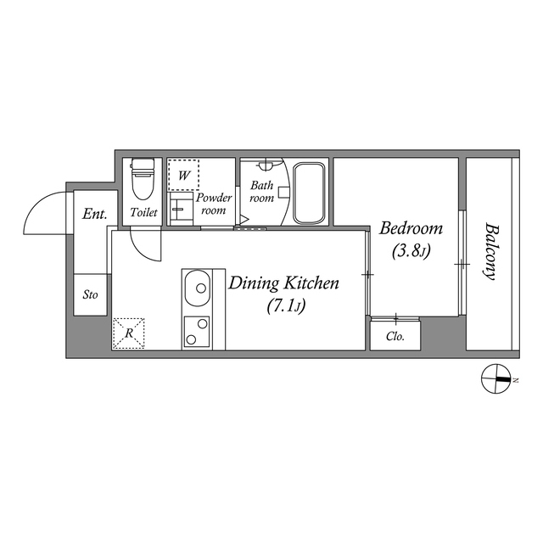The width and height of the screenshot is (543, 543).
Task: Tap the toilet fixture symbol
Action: pyautogui.click(x=143, y=177)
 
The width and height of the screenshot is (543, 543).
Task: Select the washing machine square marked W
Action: pyautogui.click(x=183, y=174)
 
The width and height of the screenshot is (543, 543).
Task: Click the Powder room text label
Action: pyautogui.click(x=214, y=204)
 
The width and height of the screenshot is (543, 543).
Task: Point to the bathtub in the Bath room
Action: pyautogui.click(x=310, y=193)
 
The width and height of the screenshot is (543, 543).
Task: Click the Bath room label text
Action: pyautogui.click(x=261, y=192)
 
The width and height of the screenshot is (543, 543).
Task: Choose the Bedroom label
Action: pyautogui.click(x=411, y=228)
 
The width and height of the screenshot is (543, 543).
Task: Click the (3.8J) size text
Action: pyautogui.click(x=411, y=251)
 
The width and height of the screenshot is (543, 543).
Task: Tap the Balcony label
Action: pyautogui.click(x=490, y=251)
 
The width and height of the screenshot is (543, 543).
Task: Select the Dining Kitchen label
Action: pyautogui.click(x=283, y=283)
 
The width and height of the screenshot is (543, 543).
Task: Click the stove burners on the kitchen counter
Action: pyautogui.click(x=198, y=331)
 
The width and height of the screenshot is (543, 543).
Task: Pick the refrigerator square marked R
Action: pyautogui.click(x=129, y=333)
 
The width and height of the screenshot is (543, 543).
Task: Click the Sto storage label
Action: pyautogui.click(x=90, y=296)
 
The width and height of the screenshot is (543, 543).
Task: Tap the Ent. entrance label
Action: pyautogui.click(x=93, y=215)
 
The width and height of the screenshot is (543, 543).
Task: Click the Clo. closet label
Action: pyautogui.click(x=395, y=336)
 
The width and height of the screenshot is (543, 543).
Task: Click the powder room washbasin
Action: pyautogui.click(x=180, y=206)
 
